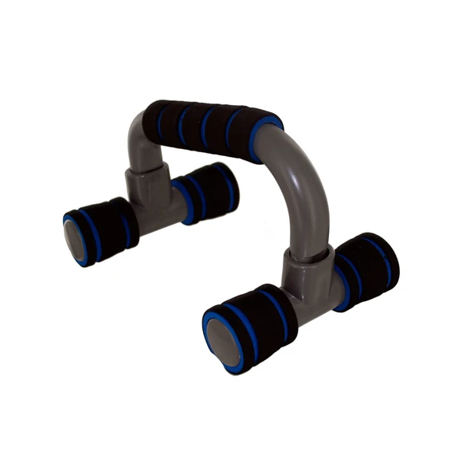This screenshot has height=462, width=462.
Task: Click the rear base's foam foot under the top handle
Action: [207, 191]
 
